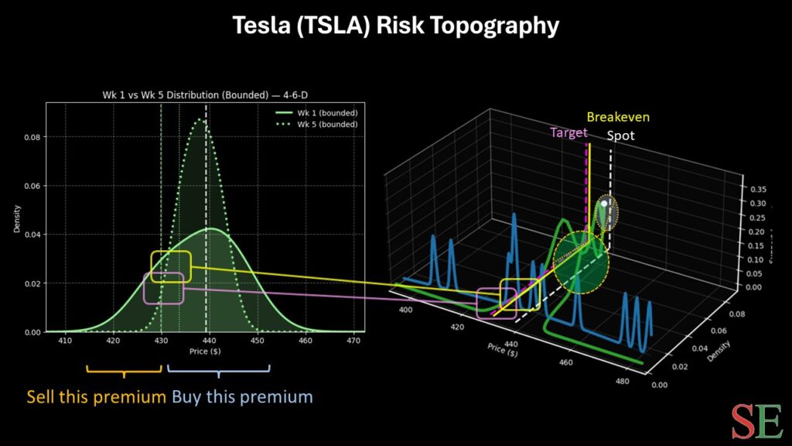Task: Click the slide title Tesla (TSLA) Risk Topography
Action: coord(396,26)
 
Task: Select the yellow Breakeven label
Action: coord(617,118)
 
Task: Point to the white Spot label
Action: coord(620,135)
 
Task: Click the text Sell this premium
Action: coord(97,397)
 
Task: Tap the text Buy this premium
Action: coord(242,397)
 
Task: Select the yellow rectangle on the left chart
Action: coord(170,266)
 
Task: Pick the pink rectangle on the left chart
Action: coord(164,288)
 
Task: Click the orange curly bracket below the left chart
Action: coord(124,370)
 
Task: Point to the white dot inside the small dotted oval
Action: coord(604,203)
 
